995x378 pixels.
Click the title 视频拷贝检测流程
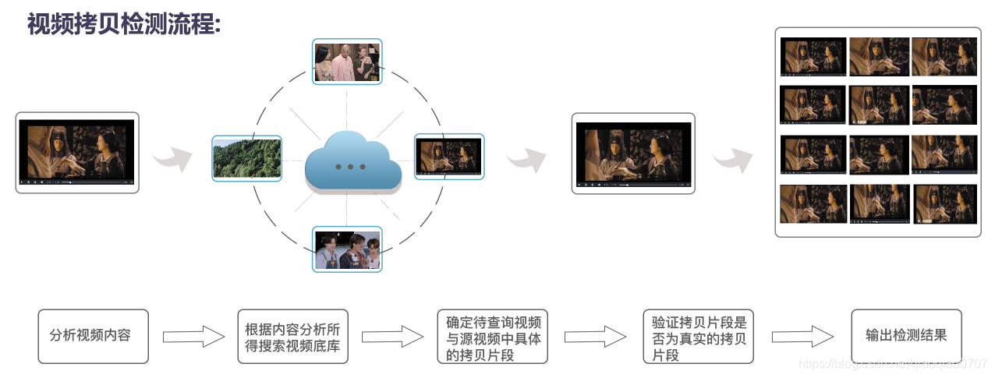(124, 23)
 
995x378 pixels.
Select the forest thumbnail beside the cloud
(246, 158)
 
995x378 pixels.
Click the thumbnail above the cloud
(347, 62)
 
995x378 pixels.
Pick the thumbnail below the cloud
(347, 249)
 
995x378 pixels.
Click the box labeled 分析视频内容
(93, 336)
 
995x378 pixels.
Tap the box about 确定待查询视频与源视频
(492, 336)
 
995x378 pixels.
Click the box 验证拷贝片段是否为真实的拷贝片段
(698, 336)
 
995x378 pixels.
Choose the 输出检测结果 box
(906, 336)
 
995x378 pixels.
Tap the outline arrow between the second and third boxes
(392, 337)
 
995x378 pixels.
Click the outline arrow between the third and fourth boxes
(595, 337)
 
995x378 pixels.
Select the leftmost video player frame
(77, 153)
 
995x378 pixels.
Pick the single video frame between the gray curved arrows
(633, 154)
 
